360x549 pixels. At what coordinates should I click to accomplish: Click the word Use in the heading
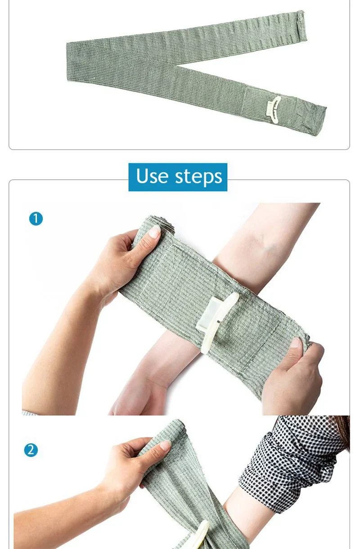[152, 176]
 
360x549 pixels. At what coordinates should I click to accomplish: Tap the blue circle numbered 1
[36, 219]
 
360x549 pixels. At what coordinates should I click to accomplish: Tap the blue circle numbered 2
[31, 450]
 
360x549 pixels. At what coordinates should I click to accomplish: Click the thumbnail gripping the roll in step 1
[154, 232]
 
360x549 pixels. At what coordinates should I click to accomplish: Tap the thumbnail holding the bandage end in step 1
[295, 343]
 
